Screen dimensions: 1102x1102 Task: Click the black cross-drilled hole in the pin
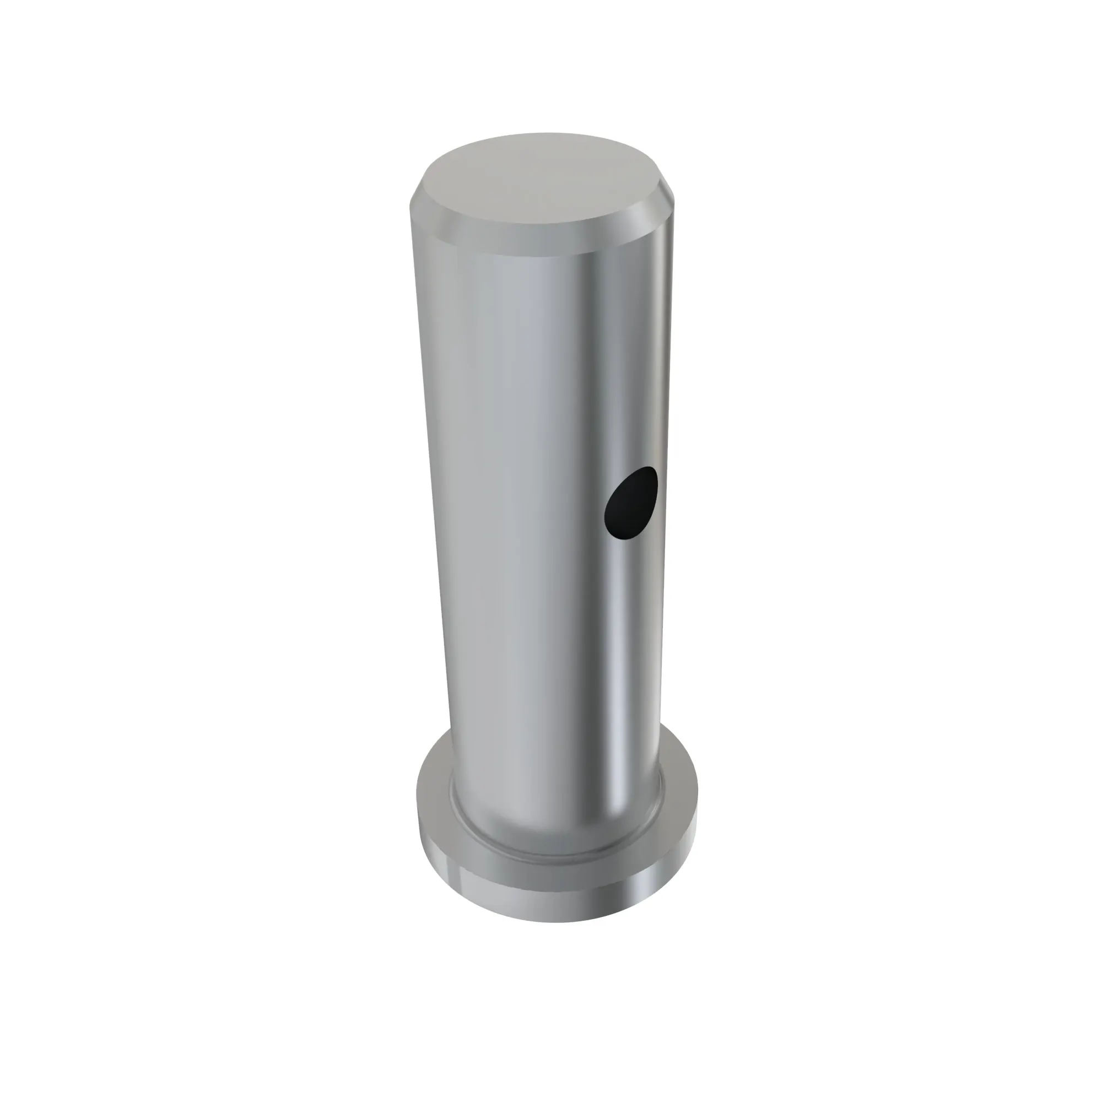[x=630, y=503]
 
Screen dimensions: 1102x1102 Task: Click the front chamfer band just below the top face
[x=542, y=246]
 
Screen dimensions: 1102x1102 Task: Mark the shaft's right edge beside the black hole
[x=664, y=502]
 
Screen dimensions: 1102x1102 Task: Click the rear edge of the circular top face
[x=548, y=134]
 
